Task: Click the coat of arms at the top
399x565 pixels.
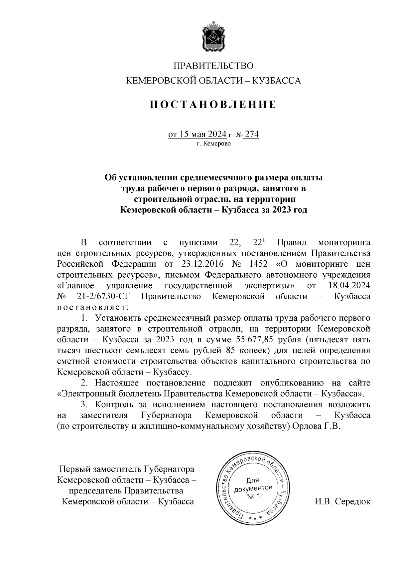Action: (212, 37)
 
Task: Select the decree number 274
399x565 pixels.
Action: (251, 134)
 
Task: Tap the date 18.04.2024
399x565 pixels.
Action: (349, 286)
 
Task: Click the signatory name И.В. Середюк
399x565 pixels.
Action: (342, 501)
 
